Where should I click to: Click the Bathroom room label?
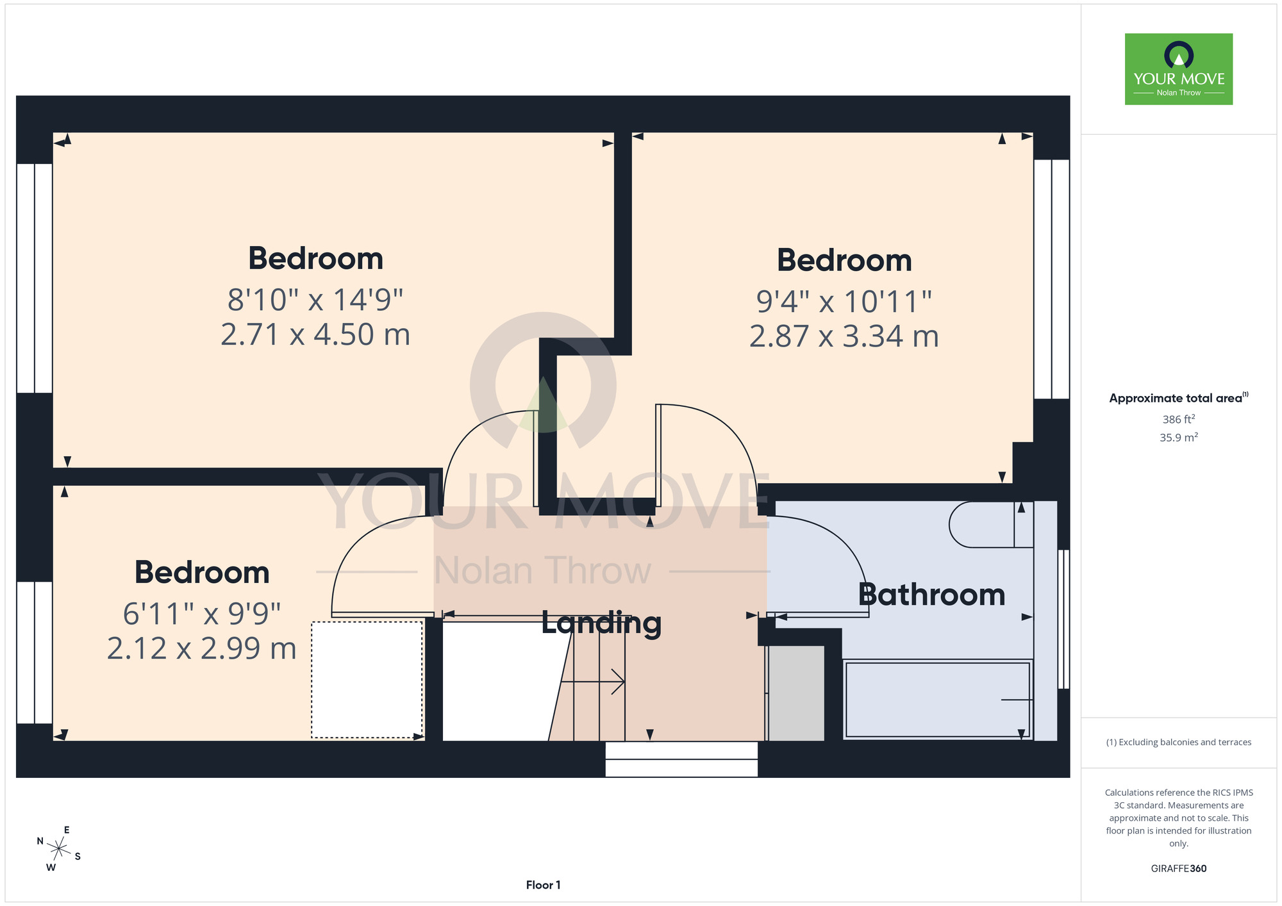(x=931, y=595)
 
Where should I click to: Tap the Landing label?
(x=601, y=623)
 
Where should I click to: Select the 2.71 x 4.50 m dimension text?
(x=315, y=334)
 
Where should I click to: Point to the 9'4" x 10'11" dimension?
(x=844, y=301)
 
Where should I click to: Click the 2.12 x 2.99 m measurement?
(x=202, y=648)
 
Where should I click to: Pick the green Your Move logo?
(x=1179, y=69)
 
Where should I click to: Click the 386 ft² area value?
(x=1179, y=419)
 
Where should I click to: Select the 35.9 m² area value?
(x=1179, y=438)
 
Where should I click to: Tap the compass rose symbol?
(x=58, y=850)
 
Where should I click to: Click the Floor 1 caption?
(x=543, y=885)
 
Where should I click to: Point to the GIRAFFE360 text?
(x=1179, y=869)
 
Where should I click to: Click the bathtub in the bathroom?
(x=938, y=700)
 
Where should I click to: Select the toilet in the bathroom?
(x=991, y=524)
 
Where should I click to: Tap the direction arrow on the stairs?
(x=593, y=682)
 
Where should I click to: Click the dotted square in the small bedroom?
(x=367, y=680)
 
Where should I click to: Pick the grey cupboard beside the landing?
(x=795, y=693)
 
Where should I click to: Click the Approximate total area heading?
(x=1179, y=398)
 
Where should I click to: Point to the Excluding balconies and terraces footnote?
(x=1179, y=742)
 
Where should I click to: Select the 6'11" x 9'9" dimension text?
(x=202, y=614)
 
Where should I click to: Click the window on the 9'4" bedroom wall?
(x=1052, y=279)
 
